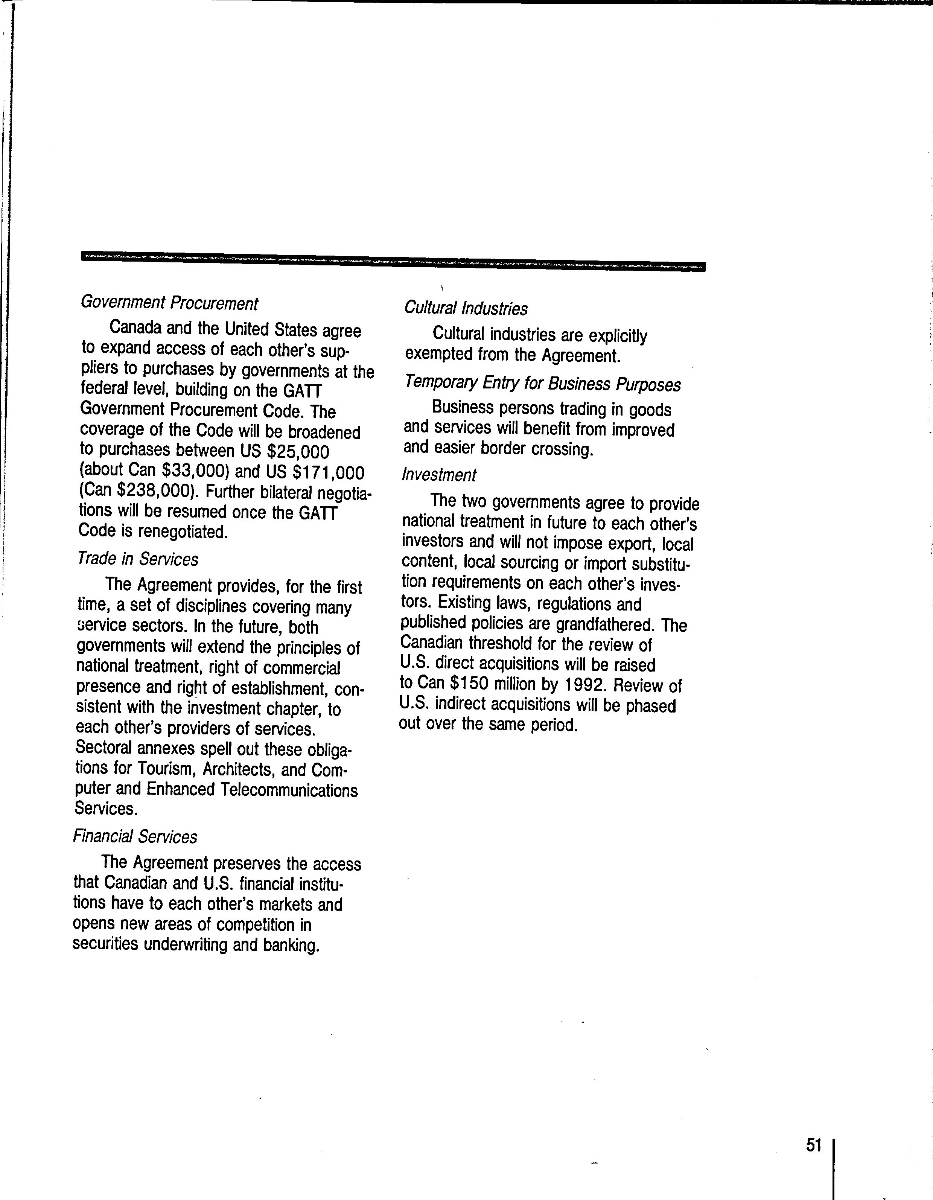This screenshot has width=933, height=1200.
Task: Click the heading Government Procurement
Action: click(x=169, y=303)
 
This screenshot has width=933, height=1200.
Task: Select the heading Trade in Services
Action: click(x=138, y=559)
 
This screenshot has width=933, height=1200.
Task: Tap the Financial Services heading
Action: click(x=135, y=836)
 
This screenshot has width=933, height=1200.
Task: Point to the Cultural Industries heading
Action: click(x=466, y=308)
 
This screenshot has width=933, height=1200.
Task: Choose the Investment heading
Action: click(x=439, y=474)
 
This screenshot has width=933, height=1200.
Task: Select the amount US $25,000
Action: click(x=285, y=452)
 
